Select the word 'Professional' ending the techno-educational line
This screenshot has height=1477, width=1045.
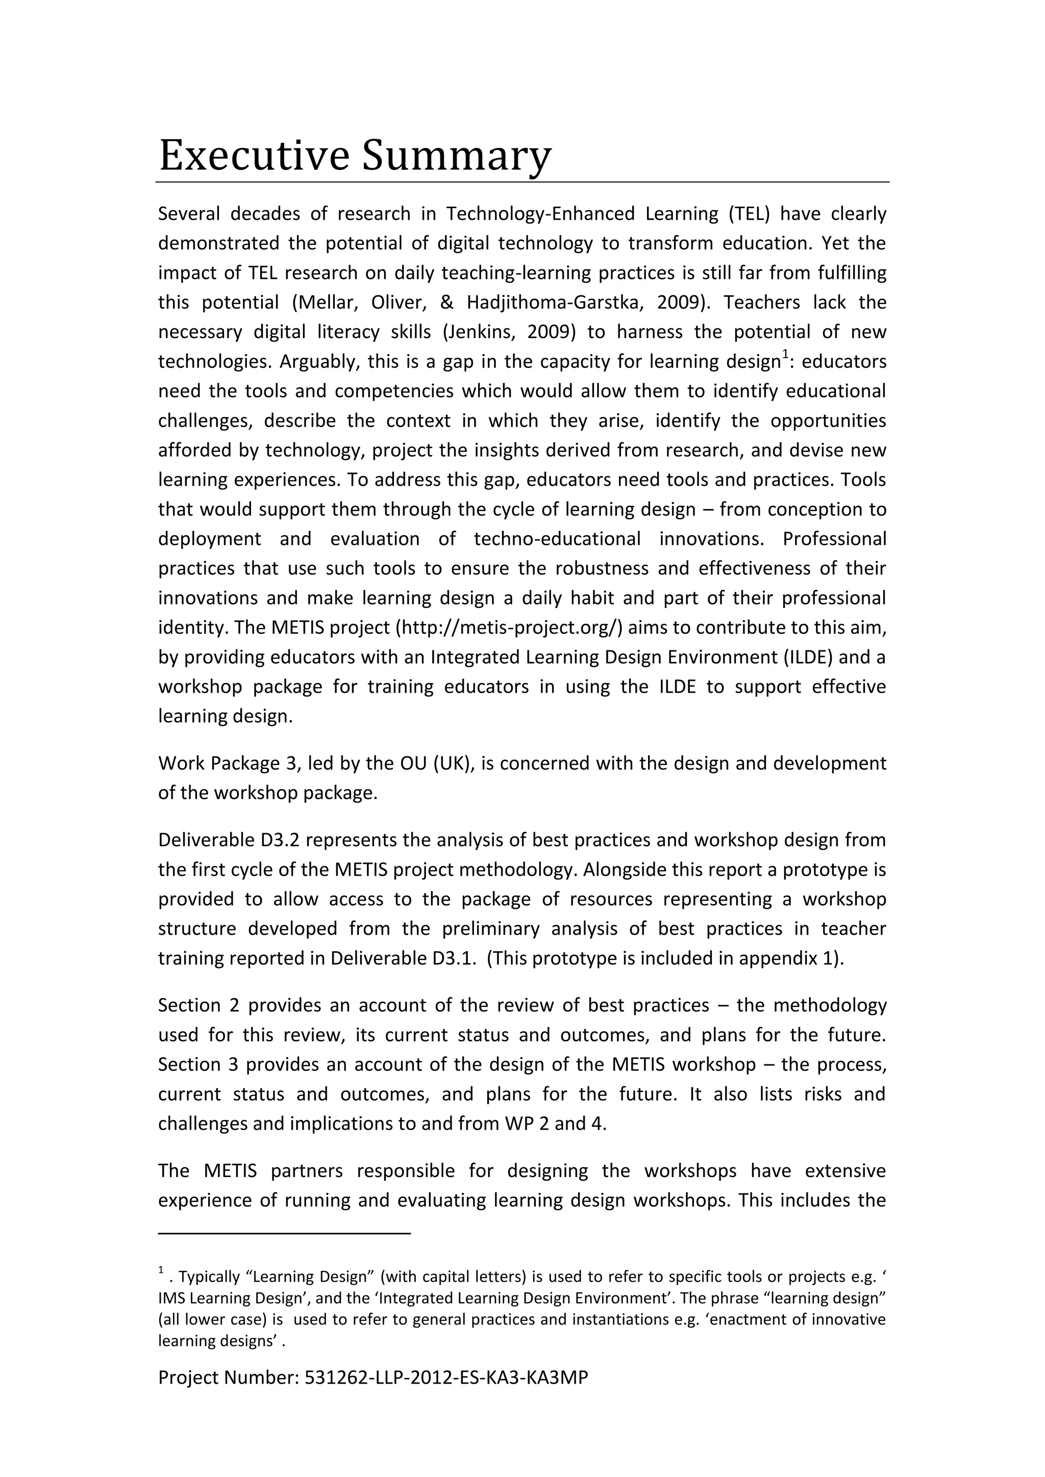click(834, 539)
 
